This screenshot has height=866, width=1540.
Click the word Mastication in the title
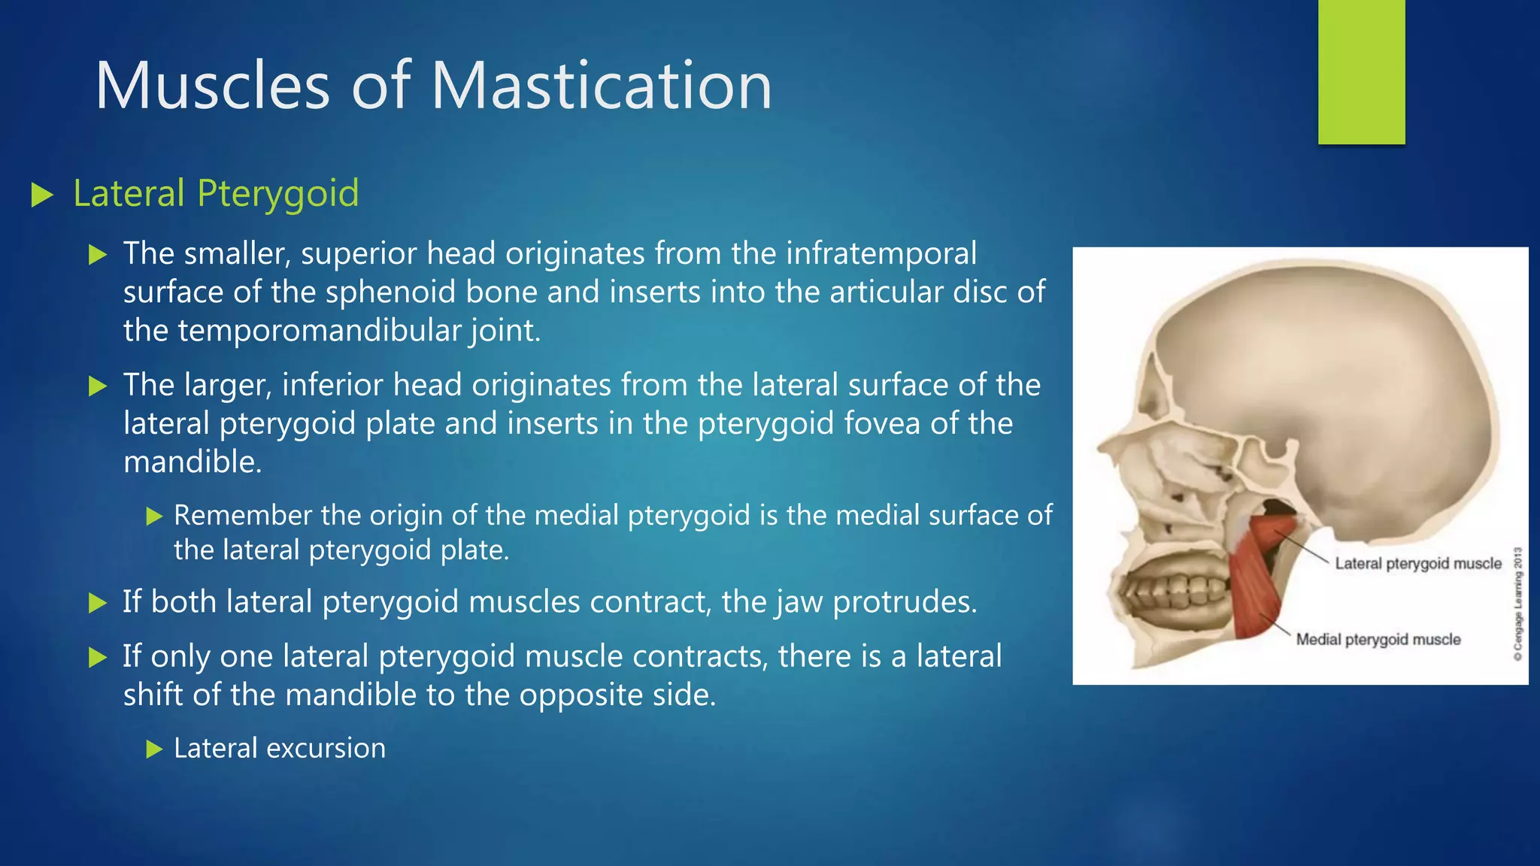click(x=601, y=86)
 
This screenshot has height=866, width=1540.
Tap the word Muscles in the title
click(x=213, y=86)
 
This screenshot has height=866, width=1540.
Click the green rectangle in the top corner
click(x=1361, y=71)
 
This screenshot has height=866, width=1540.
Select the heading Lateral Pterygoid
click(x=216, y=193)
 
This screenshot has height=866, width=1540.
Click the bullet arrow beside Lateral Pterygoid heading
click(x=42, y=195)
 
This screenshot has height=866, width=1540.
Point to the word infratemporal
click(x=881, y=253)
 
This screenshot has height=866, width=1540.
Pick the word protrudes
click(x=905, y=602)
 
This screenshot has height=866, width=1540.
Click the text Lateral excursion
click(x=279, y=749)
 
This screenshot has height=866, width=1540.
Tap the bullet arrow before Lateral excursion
click(x=154, y=749)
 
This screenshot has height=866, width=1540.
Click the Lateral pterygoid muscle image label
click(x=1417, y=564)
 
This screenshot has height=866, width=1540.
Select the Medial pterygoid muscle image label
click(x=1378, y=640)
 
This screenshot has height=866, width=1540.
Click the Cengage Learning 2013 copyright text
click(x=1517, y=604)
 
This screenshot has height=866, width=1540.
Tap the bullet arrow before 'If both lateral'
click(x=97, y=603)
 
